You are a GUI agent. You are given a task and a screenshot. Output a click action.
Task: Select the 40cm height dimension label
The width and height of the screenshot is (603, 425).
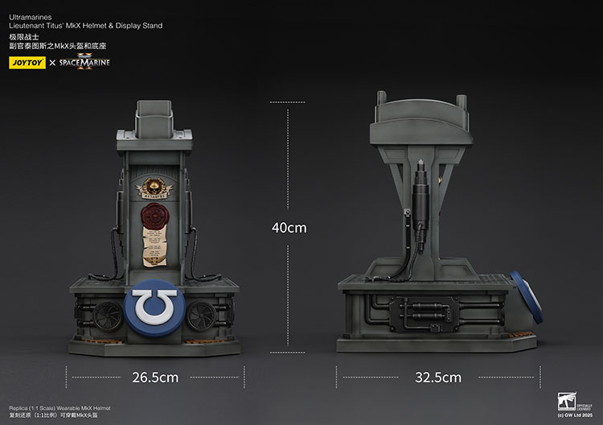tap(289, 228)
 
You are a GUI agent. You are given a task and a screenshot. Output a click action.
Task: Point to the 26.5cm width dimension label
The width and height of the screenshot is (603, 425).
tap(154, 377)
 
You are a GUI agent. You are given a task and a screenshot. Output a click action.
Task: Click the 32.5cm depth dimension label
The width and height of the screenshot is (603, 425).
tap(437, 377)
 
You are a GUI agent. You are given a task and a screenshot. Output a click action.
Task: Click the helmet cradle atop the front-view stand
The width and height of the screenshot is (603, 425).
tap(154, 121)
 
